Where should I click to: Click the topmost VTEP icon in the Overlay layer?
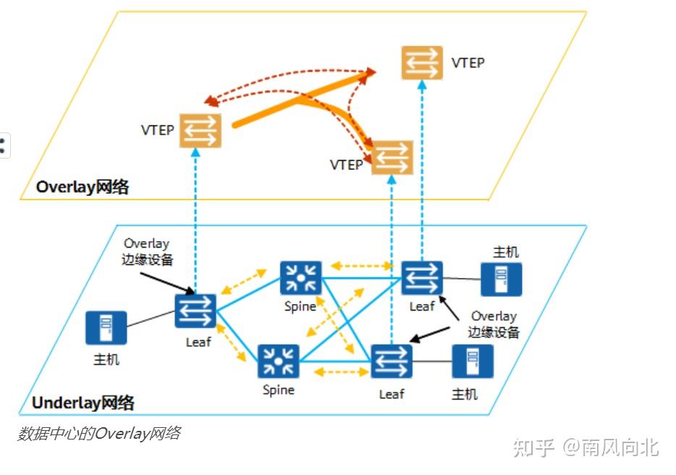click(422, 62)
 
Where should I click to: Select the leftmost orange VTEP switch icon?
click(200, 131)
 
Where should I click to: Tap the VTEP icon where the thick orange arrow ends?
click(392, 157)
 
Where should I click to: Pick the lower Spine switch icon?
click(279, 362)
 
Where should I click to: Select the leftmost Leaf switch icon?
click(195, 311)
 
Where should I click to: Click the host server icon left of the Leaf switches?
click(106, 328)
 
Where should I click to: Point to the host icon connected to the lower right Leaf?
click(473, 361)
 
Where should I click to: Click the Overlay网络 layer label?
click(83, 187)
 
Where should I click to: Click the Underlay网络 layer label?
click(83, 403)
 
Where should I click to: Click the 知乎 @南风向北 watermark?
click(586, 447)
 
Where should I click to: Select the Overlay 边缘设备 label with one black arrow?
click(148, 252)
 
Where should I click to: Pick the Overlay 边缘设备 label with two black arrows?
click(494, 324)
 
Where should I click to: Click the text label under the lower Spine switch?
click(279, 390)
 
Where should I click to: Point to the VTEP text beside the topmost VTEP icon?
click(468, 62)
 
